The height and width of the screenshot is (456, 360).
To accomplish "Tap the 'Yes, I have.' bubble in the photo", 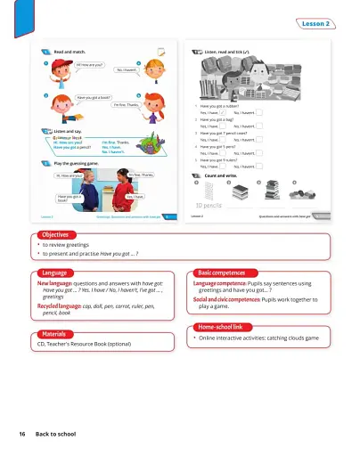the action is click(135, 196).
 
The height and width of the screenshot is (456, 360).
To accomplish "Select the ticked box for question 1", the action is click(224, 113).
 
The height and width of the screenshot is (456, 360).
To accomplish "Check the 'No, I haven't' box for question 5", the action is click(258, 167).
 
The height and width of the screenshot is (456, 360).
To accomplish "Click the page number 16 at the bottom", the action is click(21, 433).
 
